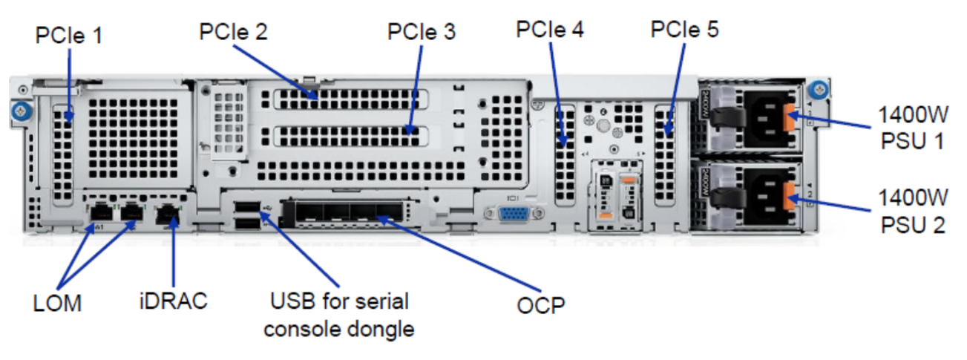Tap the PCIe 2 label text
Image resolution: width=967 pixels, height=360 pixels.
coord(233,31)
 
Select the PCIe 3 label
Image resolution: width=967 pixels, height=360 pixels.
coord(422,31)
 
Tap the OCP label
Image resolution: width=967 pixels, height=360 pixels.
coord(540,305)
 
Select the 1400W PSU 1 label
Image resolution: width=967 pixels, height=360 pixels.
coord(912,128)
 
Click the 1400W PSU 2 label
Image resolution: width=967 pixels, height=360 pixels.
coord(912,211)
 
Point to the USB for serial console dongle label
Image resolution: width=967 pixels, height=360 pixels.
coord(339,315)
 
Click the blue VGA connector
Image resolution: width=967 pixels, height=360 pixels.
coord(511,214)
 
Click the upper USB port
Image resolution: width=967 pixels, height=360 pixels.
coord(246,206)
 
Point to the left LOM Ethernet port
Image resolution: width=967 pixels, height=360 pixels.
coord(99,214)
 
